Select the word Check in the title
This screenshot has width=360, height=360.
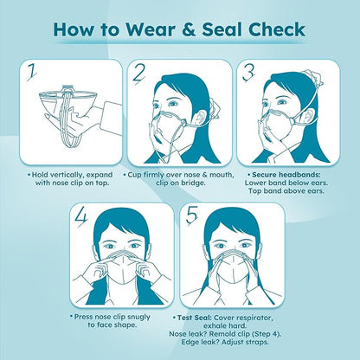[x=277, y=29]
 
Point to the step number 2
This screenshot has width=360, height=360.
[x=139, y=74]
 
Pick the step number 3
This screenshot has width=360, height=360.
[x=248, y=73]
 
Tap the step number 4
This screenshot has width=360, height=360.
[x=81, y=218]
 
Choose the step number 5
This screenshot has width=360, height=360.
[x=192, y=216]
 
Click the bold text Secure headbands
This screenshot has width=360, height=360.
[x=286, y=175]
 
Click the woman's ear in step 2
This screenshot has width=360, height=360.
[x=199, y=118]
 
